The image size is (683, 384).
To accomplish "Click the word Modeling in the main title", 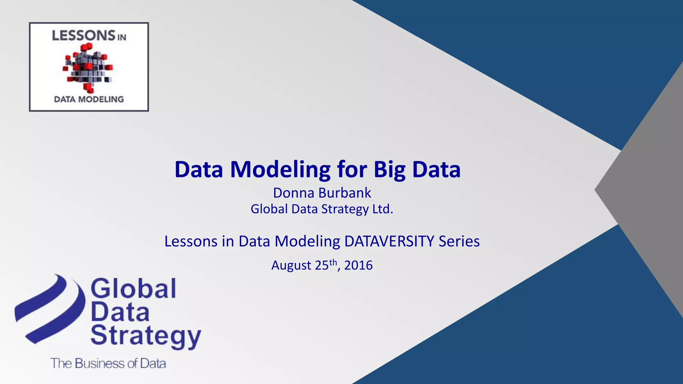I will point(280,170).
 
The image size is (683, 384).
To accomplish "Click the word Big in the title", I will point(389,170).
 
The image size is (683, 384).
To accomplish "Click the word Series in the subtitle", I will point(459,241).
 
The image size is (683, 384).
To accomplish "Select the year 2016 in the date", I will point(358,265).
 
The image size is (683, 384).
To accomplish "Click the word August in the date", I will point(291,265).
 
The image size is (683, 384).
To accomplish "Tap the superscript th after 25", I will point(333,262).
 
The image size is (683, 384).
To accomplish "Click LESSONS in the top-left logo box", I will point(83,36).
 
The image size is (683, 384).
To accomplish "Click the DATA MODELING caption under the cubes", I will point(89,99).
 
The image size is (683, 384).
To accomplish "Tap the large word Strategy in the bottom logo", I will point(146,336).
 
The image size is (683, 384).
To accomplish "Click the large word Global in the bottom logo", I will point(133,289).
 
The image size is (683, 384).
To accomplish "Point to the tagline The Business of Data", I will point(108,363).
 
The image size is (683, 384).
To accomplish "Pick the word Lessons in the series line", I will point(190,241).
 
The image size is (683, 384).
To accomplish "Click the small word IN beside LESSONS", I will point(121,37).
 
